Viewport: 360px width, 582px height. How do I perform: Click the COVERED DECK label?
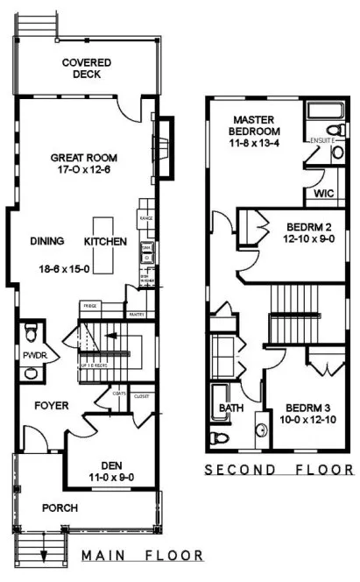pyautogui.click(x=84, y=68)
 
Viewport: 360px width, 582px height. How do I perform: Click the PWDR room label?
pyautogui.click(x=33, y=355)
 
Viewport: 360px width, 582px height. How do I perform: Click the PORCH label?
pyautogui.click(x=60, y=507)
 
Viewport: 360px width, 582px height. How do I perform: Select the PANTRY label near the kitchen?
pyautogui.click(x=136, y=313)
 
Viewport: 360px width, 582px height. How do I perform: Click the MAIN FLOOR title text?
pyautogui.click(x=142, y=555)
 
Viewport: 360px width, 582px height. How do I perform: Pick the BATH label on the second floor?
pyautogui.click(x=230, y=408)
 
